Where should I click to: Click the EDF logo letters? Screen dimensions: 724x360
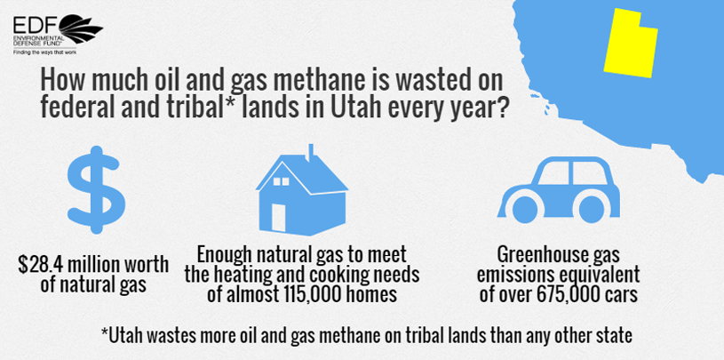coord(36,24)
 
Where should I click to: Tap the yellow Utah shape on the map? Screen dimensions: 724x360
coord(629,44)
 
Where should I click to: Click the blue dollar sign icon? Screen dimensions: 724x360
coord(96,189)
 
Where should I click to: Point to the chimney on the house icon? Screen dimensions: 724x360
coord(311,153)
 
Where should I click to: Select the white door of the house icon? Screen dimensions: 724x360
coord(278,217)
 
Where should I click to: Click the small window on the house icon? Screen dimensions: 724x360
coord(281,181)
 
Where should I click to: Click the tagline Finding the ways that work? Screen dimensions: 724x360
coord(44,52)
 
